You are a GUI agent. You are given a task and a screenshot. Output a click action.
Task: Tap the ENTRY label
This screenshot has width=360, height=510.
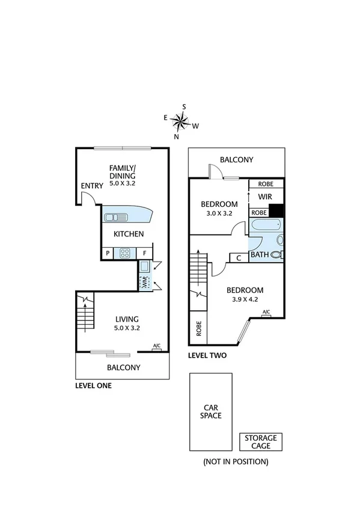point(92,186)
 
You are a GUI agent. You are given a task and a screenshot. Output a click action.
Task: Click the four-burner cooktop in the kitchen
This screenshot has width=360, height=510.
point(126,253)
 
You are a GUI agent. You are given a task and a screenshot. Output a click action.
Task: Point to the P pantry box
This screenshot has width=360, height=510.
point(108,253)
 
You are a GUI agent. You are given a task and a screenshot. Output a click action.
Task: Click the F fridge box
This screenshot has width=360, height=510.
point(144,253)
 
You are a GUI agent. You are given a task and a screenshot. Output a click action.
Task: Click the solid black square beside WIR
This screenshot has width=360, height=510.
point(276,211)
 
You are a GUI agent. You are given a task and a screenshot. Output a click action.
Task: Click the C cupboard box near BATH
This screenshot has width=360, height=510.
point(239,258)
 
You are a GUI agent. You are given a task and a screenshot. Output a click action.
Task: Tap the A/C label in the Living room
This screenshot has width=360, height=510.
point(157,346)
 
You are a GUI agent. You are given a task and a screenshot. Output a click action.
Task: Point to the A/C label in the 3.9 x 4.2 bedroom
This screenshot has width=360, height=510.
point(266,312)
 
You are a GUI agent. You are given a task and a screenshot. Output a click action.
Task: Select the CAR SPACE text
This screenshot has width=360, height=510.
point(211,411)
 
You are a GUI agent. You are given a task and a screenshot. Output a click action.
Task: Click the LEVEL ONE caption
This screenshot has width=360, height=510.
point(93,386)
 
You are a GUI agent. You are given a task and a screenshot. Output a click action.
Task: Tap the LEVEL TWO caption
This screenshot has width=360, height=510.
point(207,355)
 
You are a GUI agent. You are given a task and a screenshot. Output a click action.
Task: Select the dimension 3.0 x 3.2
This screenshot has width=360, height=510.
point(219,213)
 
